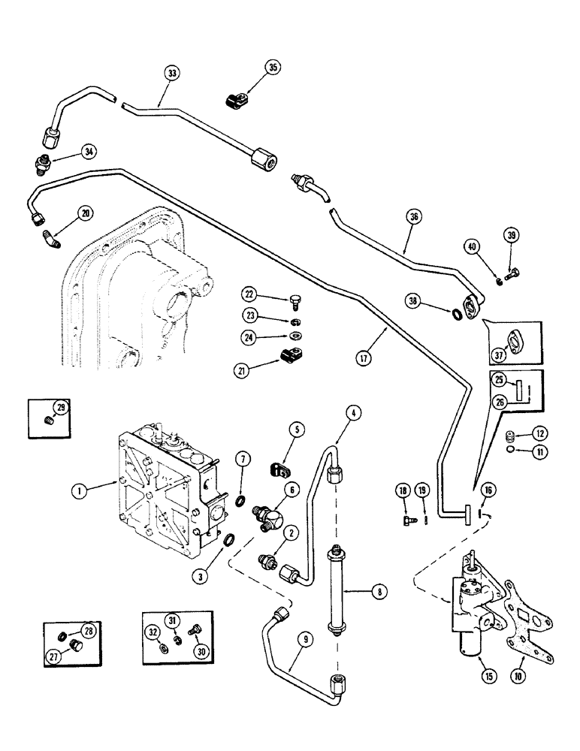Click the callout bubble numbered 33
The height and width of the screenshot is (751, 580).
[x=173, y=73]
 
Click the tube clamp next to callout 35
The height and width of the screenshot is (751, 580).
[x=237, y=99]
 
